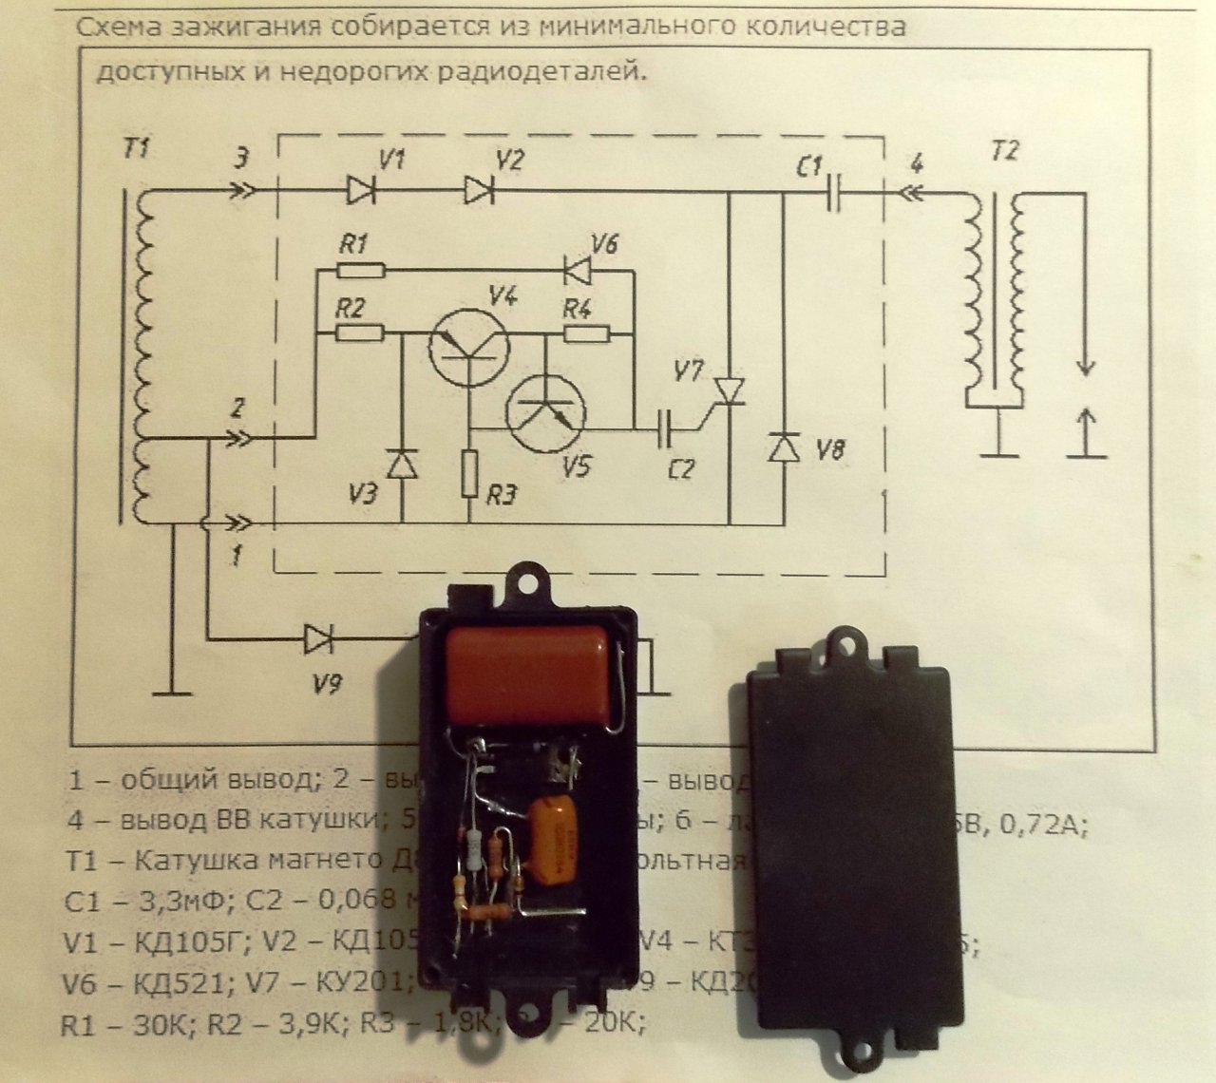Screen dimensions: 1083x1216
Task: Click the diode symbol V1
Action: [x=362, y=190]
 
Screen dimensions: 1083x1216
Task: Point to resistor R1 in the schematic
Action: [x=361, y=272]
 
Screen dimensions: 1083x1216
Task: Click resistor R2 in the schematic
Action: [x=361, y=332]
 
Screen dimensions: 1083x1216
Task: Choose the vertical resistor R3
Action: [x=469, y=474]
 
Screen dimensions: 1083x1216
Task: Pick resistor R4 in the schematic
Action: [x=586, y=332]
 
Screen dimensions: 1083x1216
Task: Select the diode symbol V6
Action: [x=577, y=271]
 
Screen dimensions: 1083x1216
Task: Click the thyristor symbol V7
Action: [x=730, y=389]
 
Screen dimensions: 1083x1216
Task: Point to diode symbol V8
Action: [x=784, y=446]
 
